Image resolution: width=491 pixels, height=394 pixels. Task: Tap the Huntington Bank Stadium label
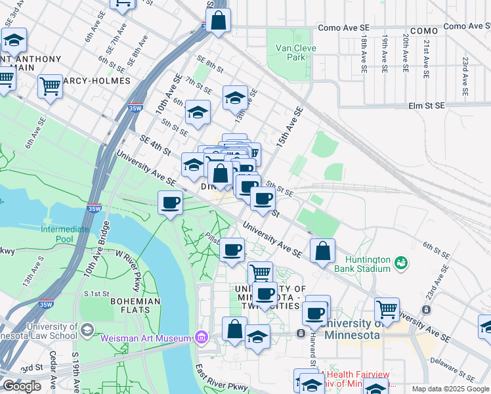[x=362, y=264]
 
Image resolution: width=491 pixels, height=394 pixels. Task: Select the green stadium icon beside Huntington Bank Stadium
[x=401, y=263]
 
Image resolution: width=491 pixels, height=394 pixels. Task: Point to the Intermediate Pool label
[x=64, y=234]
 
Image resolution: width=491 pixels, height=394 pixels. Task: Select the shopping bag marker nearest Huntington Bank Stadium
[x=322, y=252]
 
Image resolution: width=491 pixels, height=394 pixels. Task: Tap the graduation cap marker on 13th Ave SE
[x=235, y=98]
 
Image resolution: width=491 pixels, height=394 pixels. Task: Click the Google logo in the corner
[x=22, y=386]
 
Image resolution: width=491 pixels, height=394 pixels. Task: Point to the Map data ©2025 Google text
[x=450, y=389]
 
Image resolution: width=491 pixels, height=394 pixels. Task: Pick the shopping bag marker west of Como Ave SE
[x=219, y=21]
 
